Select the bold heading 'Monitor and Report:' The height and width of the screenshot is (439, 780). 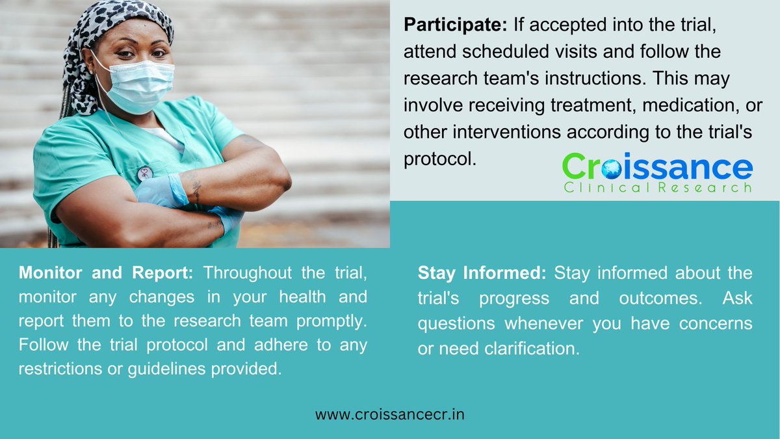pyautogui.click(x=106, y=273)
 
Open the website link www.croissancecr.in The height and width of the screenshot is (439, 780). pyautogui.click(x=390, y=414)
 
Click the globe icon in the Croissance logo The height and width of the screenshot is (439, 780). pyautogui.click(x=612, y=168)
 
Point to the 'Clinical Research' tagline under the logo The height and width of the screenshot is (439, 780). pyautogui.click(x=657, y=187)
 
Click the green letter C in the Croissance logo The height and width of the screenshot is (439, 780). pyautogui.click(x=576, y=167)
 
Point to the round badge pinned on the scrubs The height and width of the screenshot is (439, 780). pyautogui.click(x=145, y=173)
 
